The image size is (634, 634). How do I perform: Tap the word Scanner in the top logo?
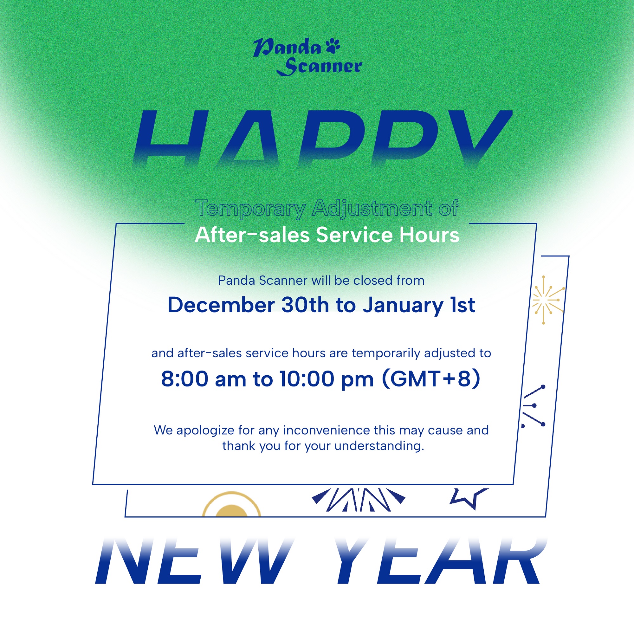319,67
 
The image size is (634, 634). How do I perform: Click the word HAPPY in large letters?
322,139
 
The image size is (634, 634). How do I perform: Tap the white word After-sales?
252,235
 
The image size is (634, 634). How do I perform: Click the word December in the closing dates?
221,305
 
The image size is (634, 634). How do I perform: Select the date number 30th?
305,305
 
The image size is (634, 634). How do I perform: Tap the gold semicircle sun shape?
231,504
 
